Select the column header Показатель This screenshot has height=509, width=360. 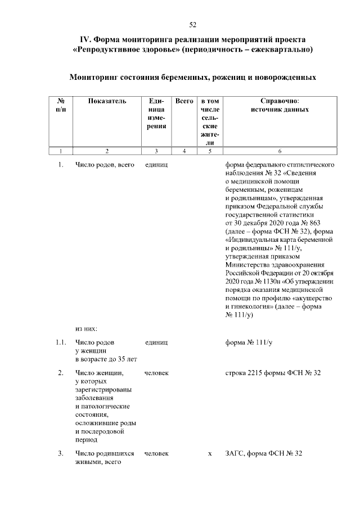[107, 101]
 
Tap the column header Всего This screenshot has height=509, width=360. [184, 101]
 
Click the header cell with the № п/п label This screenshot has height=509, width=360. [60, 105]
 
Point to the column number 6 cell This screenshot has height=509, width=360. [280, 151]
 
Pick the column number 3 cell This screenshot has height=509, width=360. [156, 151]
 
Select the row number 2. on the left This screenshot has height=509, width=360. [61, 373]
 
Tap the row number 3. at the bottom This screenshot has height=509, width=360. [61, 453]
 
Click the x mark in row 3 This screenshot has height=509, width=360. [209, 453]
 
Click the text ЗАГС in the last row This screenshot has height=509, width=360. [236, 453]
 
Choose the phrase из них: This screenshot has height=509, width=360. [87, 326]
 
